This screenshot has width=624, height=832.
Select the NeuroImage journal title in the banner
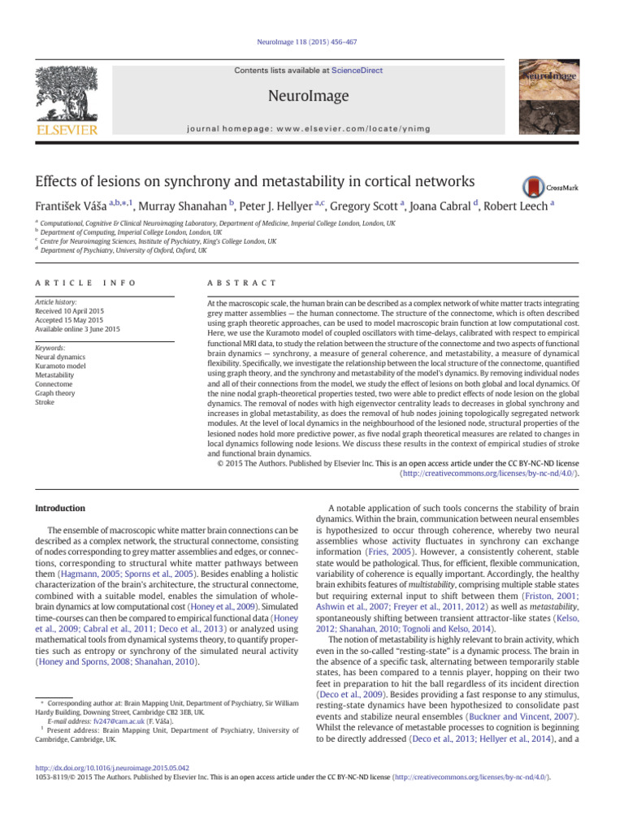tap(312, 97)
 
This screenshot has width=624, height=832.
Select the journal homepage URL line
tap(312, 128)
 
